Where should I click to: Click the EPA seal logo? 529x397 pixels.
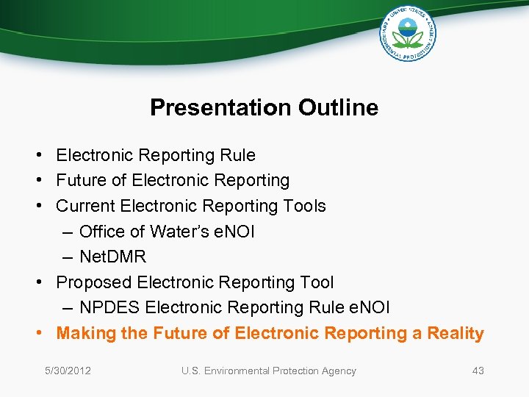[x=407, y=33]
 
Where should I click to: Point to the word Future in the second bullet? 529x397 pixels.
[x=81, y=180]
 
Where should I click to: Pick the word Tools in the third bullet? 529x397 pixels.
[x=303, y=206]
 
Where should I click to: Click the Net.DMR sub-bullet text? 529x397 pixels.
[x=112, y=257]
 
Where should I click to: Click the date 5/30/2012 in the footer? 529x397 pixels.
[x=68, y=371]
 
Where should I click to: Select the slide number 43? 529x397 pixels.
[x=478, y=371]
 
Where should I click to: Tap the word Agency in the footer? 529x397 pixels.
[x=338, y=371]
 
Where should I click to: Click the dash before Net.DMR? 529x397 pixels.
[x=68, y=257]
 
